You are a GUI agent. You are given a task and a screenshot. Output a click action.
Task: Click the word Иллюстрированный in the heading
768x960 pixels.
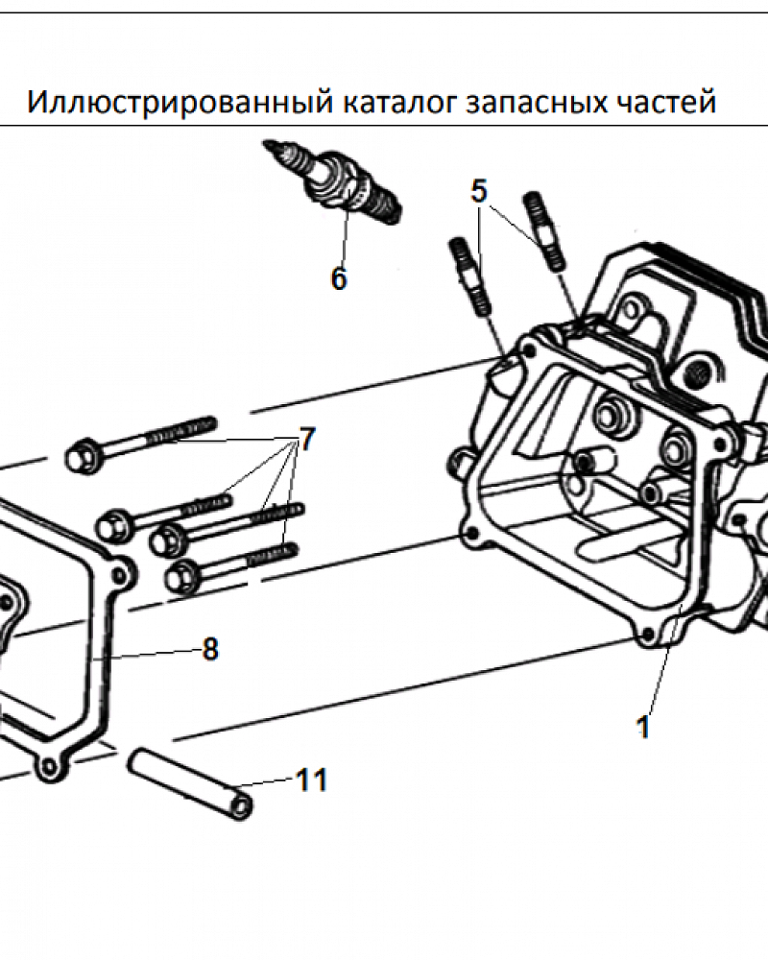tap(180, 102)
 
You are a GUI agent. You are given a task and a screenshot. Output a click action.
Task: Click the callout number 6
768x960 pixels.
tap(339, 278)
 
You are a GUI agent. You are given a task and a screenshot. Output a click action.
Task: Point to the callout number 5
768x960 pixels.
tap(479, 191)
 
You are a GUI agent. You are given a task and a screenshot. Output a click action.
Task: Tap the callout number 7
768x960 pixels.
tap(306, 439)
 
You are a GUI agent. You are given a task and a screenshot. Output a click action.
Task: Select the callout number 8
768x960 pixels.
tap(210, 649)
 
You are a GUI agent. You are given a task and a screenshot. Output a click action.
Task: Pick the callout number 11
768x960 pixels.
tap(312, 780)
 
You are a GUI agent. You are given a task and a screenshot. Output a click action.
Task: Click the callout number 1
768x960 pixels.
tap(643, 728)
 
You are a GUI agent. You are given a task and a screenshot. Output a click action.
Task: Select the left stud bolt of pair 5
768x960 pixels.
tap(469, 276)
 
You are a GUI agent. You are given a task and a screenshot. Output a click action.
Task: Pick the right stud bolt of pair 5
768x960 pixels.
tap(545, 231)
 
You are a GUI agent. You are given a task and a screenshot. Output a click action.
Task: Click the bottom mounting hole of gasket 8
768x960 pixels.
tap(47, 765)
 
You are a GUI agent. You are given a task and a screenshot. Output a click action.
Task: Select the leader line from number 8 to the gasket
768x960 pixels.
tap(147, 655)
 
